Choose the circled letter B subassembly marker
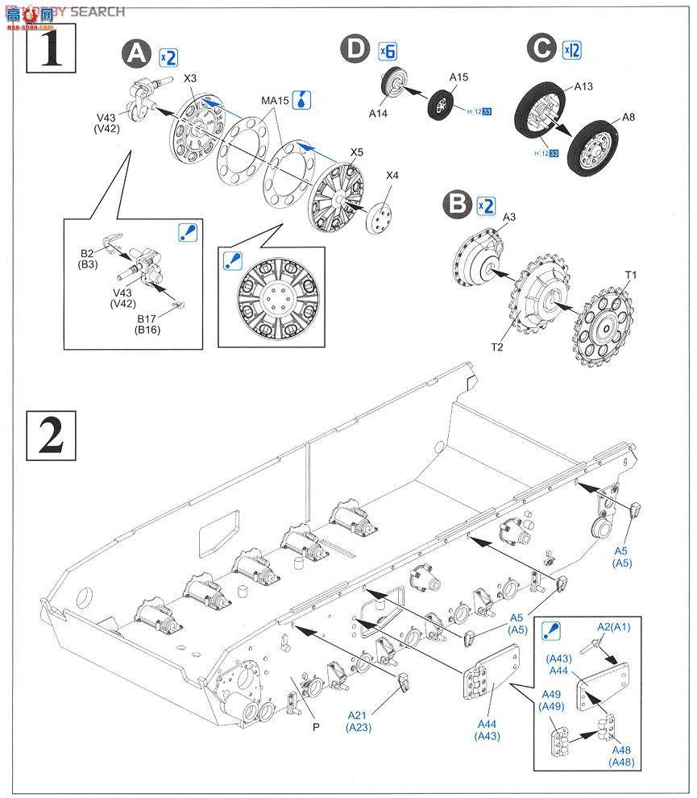pos(458,204)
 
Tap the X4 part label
pos(392,176)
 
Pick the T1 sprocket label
pos(631,275)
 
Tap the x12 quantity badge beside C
pos(572,49)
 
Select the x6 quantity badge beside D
pos(388,50)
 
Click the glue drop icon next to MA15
pos(303,100)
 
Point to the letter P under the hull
pos(317,725)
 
